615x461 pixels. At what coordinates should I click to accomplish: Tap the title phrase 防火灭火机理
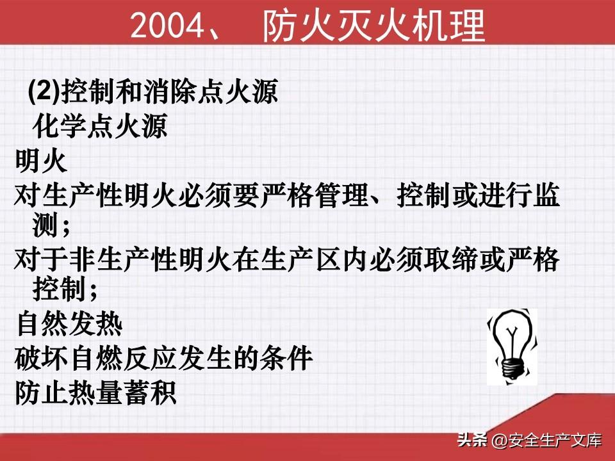(373, 26)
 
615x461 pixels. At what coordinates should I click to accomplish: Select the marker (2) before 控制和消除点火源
(44, 91)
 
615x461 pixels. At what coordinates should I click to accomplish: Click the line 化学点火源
(100, 126)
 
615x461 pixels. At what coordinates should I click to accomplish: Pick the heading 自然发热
(70, 324)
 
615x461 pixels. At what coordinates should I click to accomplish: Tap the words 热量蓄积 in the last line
(122, 392)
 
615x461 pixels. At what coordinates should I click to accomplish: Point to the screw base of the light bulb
(512, 369)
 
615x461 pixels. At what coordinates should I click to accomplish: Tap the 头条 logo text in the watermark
(472, 440)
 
